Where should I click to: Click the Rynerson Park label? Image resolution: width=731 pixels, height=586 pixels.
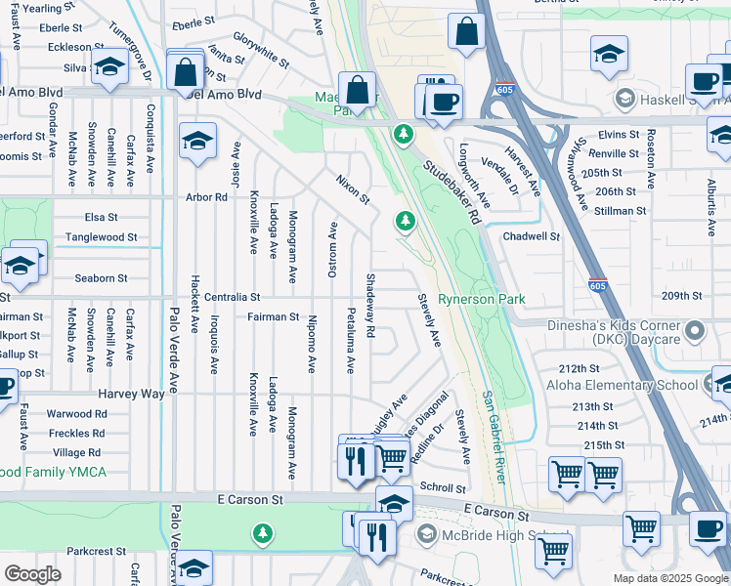[x=482, y=299]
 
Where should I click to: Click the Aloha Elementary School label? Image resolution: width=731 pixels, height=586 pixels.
[x=623, y=386]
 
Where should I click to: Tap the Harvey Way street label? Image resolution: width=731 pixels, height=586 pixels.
[x=131, y=393]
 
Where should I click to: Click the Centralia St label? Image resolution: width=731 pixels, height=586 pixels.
[x=227, y=296]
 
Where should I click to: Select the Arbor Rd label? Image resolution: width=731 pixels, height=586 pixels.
[x=206, y=197]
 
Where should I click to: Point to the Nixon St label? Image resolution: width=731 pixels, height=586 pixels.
[x=353, y=189]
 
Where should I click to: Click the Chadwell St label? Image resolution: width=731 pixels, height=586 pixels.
[x=531, y=235]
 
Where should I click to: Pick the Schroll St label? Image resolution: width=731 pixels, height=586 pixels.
[x=443, y=487]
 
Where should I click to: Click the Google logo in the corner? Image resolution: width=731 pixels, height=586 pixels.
[x=32, y=574]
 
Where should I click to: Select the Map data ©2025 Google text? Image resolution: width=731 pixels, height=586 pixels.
[x=669, y=578]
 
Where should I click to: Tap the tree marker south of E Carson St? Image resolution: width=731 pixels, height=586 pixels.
[x=261, y=533]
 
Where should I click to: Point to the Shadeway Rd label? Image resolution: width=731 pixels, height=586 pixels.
[x=370, y=317]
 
